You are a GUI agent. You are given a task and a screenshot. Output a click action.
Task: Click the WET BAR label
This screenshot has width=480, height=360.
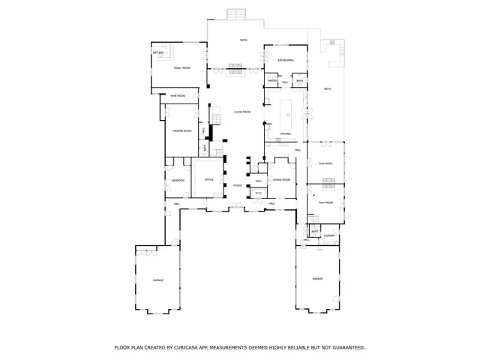click(158, 53)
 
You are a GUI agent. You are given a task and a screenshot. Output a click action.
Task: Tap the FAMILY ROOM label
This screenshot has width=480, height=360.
click(182, 68)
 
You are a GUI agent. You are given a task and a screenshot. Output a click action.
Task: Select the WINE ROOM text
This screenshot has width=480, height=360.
click(178, 96)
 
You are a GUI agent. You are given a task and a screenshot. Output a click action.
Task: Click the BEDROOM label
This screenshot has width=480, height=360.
click(178, 181)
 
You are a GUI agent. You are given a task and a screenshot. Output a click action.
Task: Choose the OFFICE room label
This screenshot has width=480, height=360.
click(209, 180)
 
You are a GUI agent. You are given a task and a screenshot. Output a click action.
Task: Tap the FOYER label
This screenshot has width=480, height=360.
click(237, 185)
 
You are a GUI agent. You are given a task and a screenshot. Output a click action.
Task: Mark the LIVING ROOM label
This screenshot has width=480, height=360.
click(241, 112)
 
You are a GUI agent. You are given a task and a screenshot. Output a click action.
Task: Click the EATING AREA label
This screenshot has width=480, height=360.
click(285, 59)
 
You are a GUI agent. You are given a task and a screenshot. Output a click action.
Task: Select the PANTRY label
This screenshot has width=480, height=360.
click(272, 81)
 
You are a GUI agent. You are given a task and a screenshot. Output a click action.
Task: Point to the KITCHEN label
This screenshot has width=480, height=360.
click(285, 134)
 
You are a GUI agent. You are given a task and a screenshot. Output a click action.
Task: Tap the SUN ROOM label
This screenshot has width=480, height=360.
click(325, 163)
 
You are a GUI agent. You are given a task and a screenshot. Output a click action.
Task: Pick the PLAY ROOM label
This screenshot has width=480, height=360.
click(325, 202)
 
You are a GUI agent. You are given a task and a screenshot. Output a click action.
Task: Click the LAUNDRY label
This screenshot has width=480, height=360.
click(328, 235)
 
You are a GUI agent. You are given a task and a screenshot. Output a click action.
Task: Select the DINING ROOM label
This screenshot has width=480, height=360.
click(282, 180)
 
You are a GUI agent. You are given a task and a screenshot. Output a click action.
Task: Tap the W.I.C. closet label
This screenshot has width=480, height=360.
click(258, 194)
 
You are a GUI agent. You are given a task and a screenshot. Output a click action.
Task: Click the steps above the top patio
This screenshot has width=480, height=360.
click(235, 14)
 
